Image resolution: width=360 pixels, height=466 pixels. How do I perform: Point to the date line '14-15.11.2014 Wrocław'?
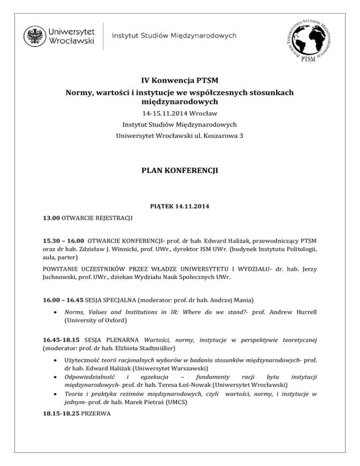tap(180, 113)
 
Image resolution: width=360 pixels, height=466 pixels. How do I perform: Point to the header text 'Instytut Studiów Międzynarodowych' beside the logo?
tap(173, 36)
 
